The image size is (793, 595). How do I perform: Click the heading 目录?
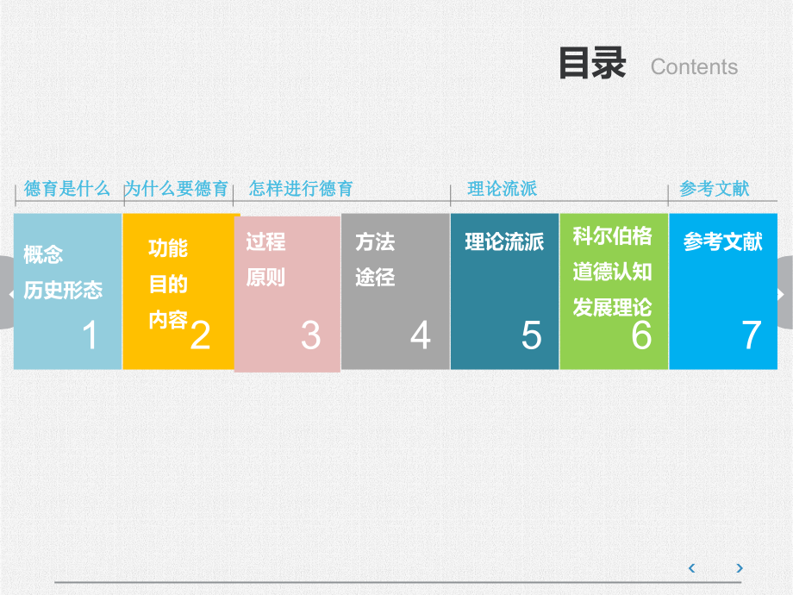pos(592,65)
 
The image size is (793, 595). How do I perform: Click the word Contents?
pos(694,67)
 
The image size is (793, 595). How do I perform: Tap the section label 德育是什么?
pos(67,188)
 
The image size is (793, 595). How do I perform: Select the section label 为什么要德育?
pos(177,188)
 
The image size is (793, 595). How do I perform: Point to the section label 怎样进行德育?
pos(301,188)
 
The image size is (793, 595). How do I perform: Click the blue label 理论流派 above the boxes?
pos(502,188)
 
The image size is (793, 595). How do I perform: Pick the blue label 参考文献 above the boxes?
pos(714,188)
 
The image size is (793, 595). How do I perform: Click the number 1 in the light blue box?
pos(90,335)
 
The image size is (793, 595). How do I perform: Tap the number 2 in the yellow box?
pos(199,335)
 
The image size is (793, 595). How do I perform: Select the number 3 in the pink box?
pos(310,335)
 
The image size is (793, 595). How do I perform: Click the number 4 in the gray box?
pos(420,335)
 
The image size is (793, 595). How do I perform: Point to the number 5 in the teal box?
pos(531,335)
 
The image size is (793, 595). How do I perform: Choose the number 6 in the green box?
pos(641,335)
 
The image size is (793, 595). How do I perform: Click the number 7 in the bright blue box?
pos(752,335)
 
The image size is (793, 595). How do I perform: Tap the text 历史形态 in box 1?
pos(63,291)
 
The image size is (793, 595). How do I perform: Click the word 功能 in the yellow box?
pos(168,248)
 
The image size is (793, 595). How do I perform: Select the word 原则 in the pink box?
pos(265,279)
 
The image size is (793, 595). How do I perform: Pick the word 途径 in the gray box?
pos(375,279)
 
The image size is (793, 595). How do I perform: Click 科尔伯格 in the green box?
pos(613,236)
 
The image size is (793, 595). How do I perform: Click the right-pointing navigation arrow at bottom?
pos(740,567)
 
